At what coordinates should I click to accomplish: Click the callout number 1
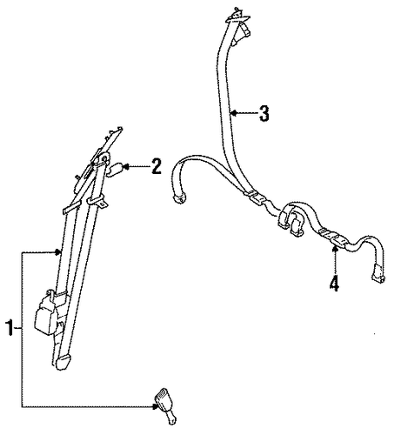click(10, 328)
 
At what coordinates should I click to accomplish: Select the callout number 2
click(157, 166)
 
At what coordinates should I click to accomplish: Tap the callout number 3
click(264, 113)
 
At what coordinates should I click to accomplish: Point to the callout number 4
click(334, 283)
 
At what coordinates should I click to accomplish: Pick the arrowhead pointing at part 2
click(125, 166)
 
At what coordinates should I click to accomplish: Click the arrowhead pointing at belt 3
click(233, 113)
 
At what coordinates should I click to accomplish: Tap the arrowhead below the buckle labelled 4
click(335, 248)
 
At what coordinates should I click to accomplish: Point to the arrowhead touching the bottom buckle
click(155, 406)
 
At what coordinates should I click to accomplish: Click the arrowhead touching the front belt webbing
click(59, 253)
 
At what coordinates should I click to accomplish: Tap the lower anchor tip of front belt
click(63, 362)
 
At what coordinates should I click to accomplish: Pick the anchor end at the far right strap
click(378, 275)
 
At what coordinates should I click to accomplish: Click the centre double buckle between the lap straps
click(291, 219)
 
